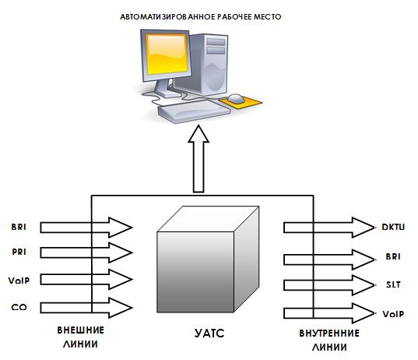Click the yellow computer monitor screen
[x=166, y=55]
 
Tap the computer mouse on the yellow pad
[x=236, y=98]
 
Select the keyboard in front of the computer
[x=194, y=111]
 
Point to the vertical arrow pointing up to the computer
[x=198, y=159]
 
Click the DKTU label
[x=393, y=227]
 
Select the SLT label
[x=393, y=284]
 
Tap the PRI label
[x=19, y=252]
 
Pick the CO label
[x=19, y=307]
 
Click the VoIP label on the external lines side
[x=19, y=281]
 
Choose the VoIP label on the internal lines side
[x=393, y=314]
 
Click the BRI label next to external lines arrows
[x=19, y=227]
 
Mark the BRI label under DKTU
[x=393, y=256]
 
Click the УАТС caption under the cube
[x=209, y=334]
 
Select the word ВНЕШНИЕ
[x=80, y=330]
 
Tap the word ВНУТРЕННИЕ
[x=329, y=334]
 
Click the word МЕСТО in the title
[x=268, y=17]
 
